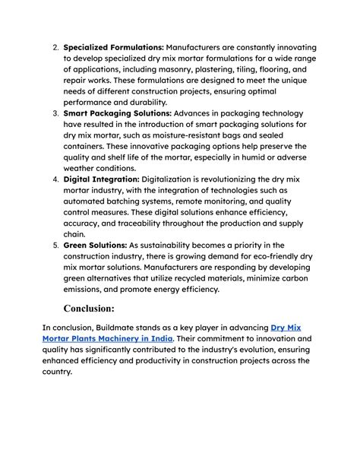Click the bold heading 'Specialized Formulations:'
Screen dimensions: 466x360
pyautogui.click(x=113, y=47)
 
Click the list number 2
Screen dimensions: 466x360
pyautogui.click(x=55, y=47)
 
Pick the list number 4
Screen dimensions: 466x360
pyautogui.click(x=55, y=179)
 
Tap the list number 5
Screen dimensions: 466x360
pyautogui.click(x=55, y=245)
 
